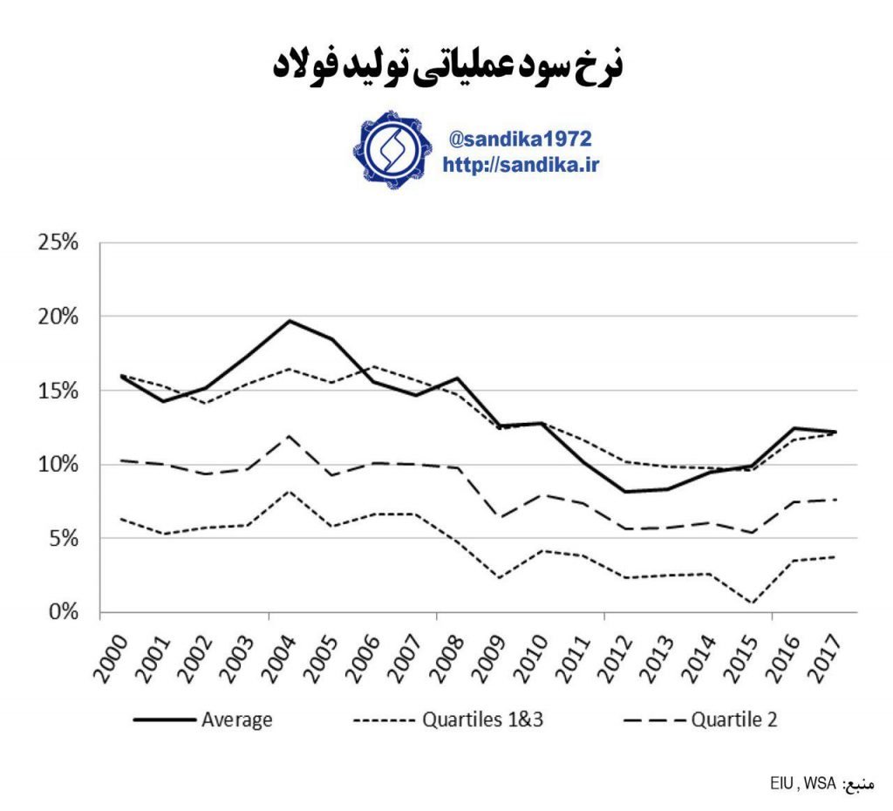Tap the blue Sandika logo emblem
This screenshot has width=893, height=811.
pos(392,150)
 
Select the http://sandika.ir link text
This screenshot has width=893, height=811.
pos(521,164)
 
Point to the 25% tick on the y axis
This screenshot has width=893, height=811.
pos(58,242)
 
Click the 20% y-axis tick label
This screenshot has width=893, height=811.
pos(58,316)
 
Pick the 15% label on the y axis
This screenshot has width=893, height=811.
pos(58,390)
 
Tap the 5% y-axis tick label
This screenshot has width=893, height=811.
pos(63,538)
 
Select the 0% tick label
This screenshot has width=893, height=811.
pos(63,612)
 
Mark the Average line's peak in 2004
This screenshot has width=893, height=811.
pos(289,320)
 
